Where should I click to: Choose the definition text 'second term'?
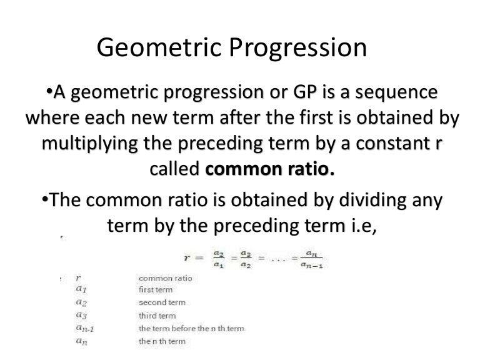(162, 302)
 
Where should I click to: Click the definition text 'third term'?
(157, 316)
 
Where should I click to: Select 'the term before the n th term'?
(191, 329)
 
